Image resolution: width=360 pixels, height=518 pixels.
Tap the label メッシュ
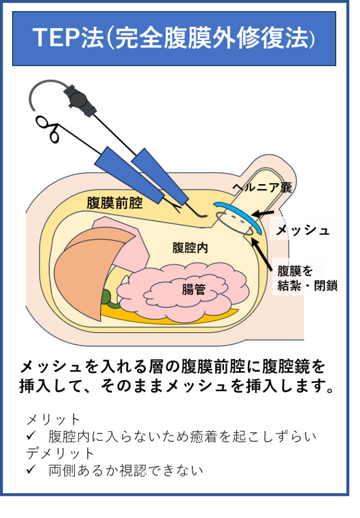coord(302,231)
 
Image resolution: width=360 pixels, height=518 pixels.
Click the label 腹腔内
coord(190,248)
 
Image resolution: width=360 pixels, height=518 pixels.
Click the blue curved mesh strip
coord(238,214)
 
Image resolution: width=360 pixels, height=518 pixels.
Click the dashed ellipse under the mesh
coord(233,223)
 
